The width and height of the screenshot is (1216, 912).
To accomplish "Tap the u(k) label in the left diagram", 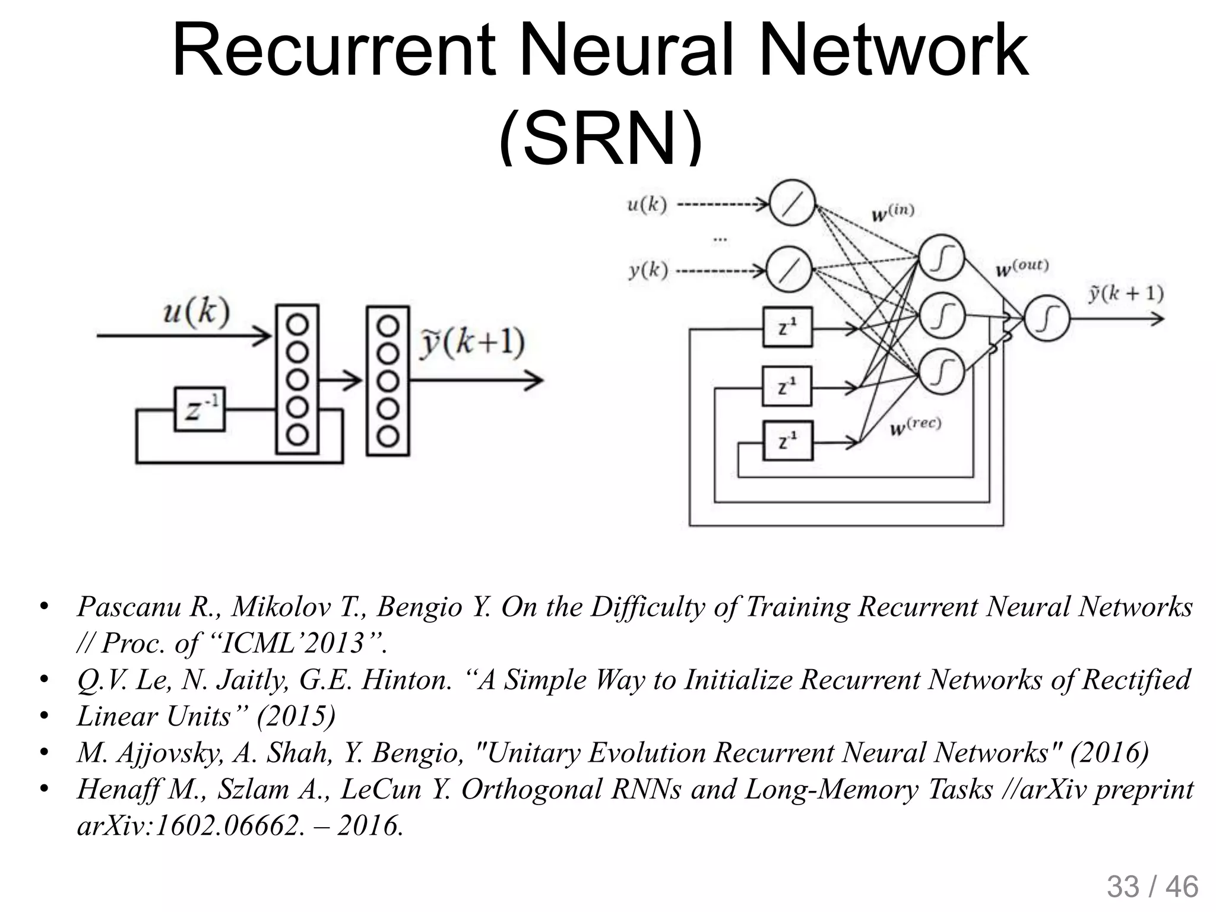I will (196, 312).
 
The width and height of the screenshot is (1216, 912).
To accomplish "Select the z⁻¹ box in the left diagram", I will (199, 409).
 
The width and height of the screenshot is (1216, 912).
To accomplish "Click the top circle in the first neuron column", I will (297, 325).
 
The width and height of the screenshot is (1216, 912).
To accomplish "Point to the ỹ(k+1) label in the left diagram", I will (472, 343).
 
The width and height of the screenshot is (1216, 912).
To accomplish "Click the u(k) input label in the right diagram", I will (647, 205).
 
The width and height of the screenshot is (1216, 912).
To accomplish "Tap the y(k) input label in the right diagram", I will (648, 271).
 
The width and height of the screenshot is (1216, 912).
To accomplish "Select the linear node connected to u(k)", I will (792, 204).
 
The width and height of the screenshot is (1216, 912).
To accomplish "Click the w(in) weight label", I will (892, 212).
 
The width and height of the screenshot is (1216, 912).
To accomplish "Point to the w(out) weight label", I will (1022, 268).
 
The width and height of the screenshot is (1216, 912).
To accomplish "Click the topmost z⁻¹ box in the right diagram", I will (787, 327).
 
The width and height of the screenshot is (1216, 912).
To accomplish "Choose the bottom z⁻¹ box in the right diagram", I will (787, 441).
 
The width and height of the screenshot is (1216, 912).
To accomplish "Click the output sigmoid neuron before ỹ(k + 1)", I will (1047, 318).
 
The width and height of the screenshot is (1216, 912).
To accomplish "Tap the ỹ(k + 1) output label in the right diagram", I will (1125, 294).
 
